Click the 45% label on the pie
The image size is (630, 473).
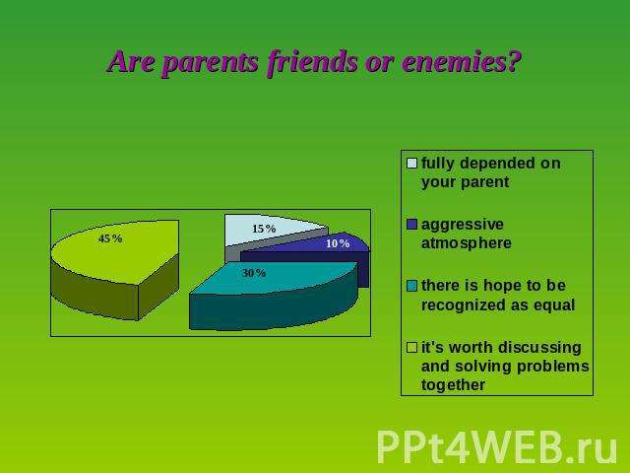[x=110, y=238]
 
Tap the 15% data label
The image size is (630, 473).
[x=264, y=229]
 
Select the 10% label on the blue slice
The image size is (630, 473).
[x=338, y=243]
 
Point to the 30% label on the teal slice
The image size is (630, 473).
[x=254, y=273]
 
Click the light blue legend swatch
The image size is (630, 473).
[x=411, y=163]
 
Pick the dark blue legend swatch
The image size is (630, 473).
[x=411, y=224]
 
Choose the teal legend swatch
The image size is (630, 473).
[x=411, y=286]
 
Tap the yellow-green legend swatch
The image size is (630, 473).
[x=411, y=347]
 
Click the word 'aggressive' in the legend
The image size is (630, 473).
[x=463, y=225]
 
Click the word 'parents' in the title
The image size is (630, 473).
[x=212, y=62]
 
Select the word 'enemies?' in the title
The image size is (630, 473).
[x=462, y=61]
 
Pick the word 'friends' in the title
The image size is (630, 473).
[x=313, y=61]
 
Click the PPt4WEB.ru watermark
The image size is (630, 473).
[x=496, y=446]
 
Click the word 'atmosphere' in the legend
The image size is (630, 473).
[x=466, y=243]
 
